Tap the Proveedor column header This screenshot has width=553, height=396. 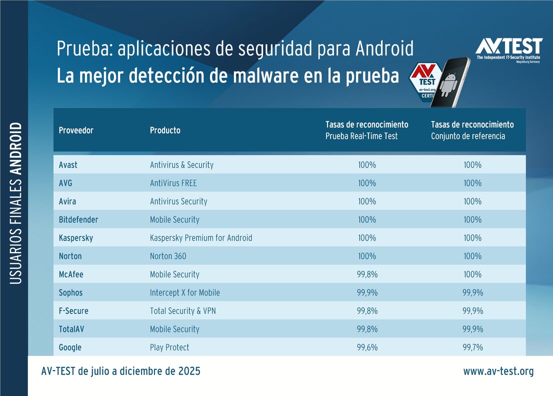coord(76,130)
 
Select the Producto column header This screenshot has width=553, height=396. coord(165,130)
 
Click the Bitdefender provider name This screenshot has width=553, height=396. coord(78,219)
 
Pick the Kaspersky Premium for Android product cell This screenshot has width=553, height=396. coord(201,238)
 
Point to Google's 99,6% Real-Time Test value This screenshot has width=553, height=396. coord(367,347)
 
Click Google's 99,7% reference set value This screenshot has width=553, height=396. coord(472,347)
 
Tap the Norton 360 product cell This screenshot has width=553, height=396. coord(168,256)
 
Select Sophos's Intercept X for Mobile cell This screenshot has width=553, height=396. coord(184,292)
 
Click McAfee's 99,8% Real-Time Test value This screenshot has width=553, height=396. coord(367,274)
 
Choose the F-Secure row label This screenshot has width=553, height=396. coord(73,311)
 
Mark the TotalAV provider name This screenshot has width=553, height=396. coord(72,329)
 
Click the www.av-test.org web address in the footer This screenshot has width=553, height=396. coord(498,371)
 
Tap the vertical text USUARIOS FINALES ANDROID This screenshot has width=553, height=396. coord(16,203)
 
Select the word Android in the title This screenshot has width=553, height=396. coord(384,49)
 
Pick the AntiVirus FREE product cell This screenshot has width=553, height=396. coord(173,183)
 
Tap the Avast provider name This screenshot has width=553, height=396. coord(68,165)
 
